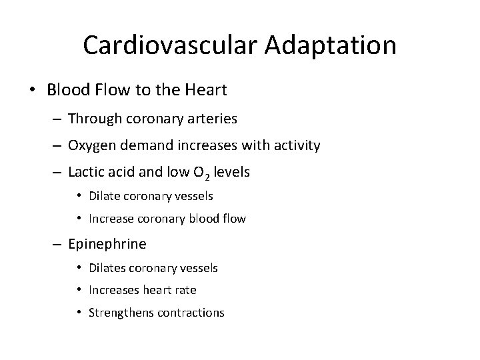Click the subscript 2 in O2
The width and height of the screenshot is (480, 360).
pos(208,176)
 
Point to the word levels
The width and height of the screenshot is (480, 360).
pos(231,172)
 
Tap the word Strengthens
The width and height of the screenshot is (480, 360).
pos(121,313)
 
